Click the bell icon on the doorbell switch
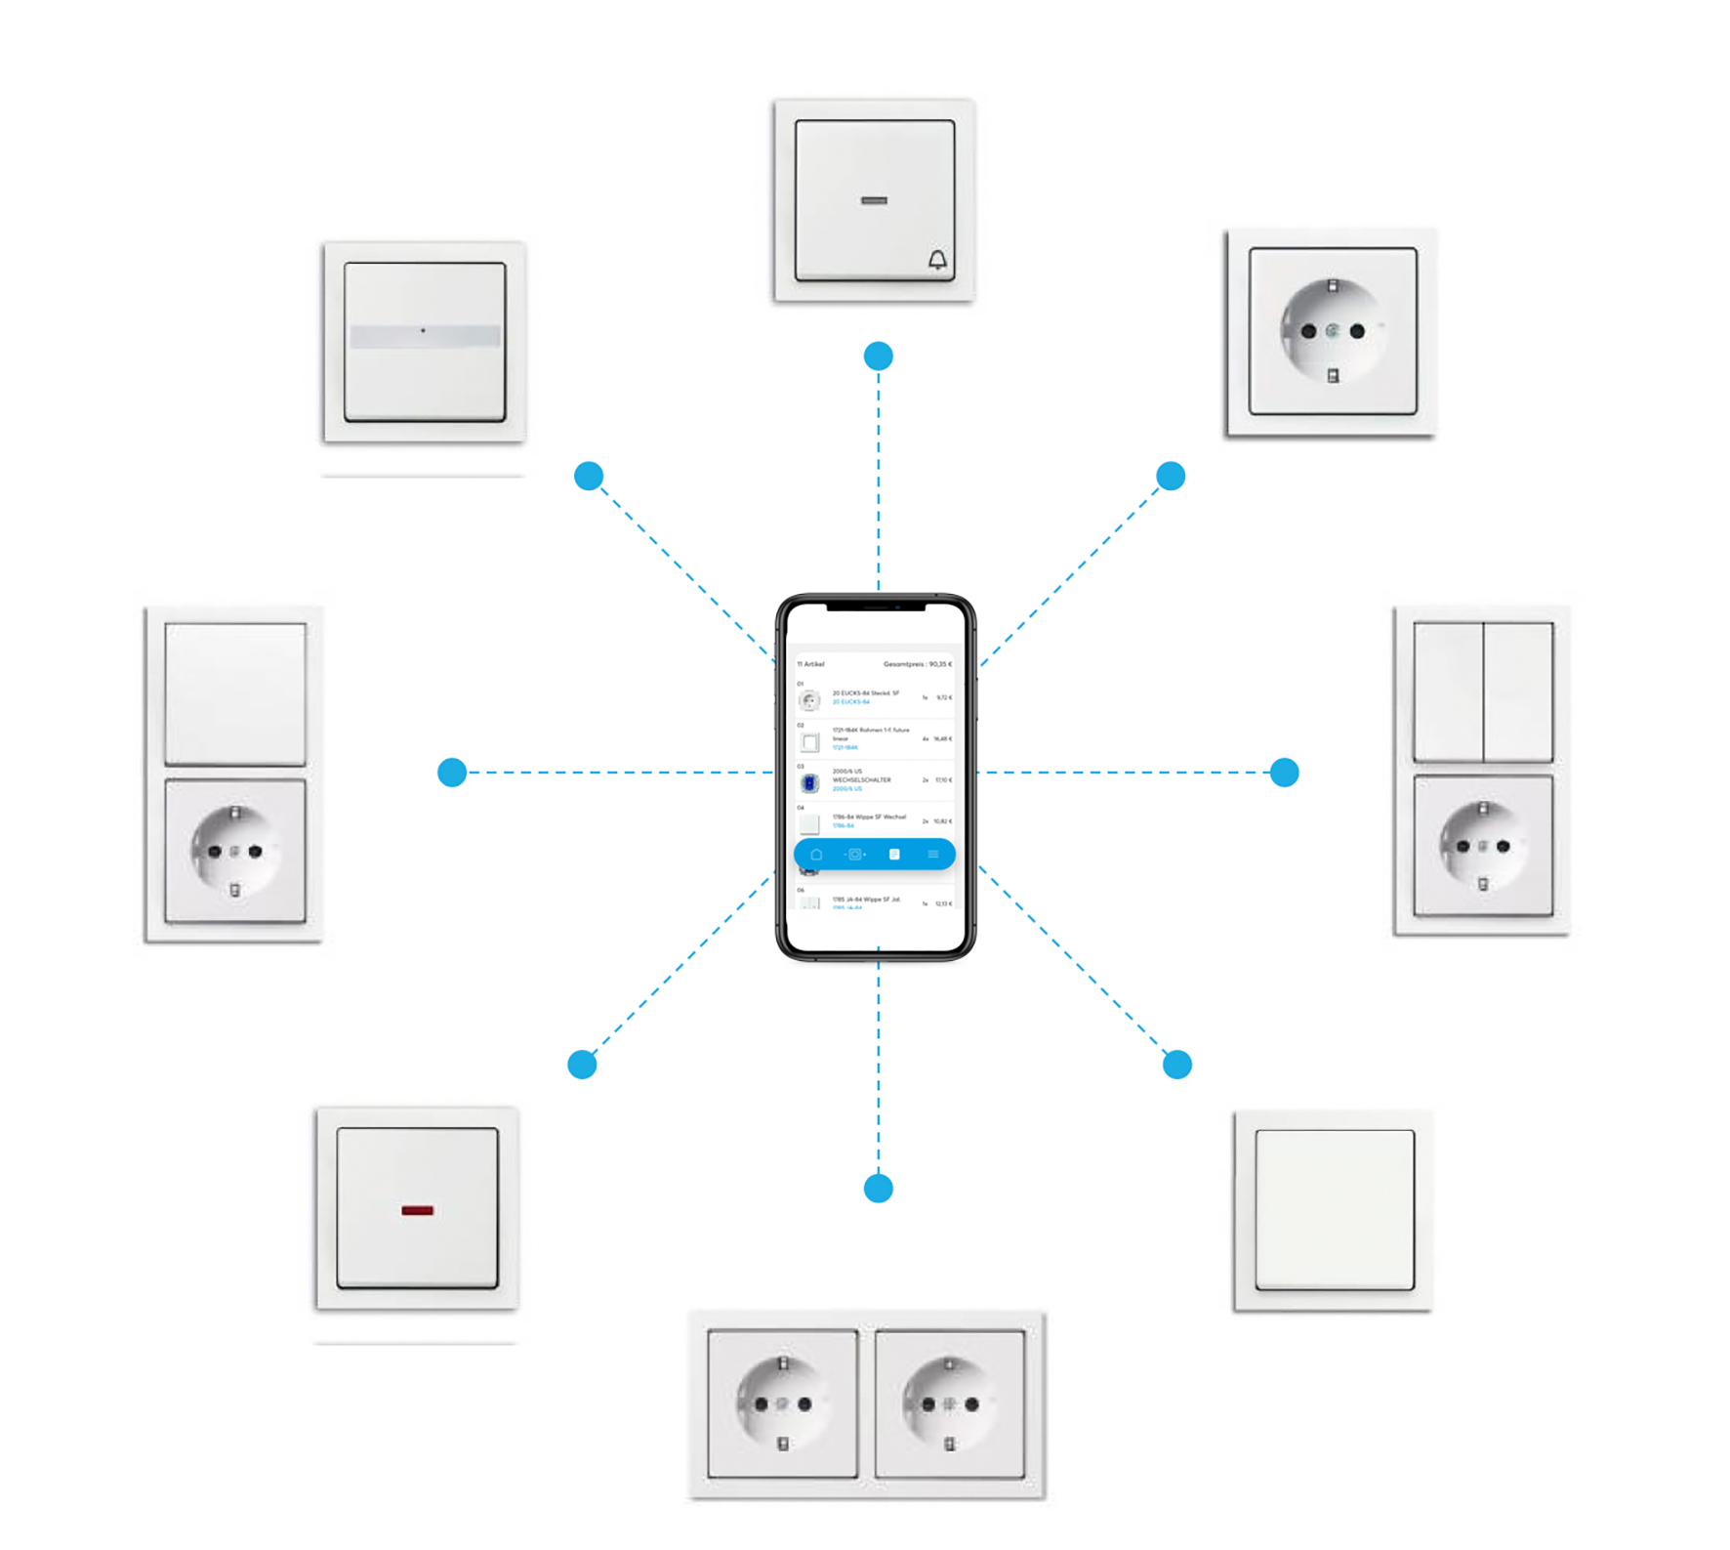[937, 260]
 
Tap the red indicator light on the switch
[417, 1210]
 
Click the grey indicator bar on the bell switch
[874, 201]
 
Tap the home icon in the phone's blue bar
[816, 855]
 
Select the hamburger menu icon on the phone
[933, 855]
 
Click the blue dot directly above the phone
[879, 356]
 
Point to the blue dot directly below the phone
[879, 1189]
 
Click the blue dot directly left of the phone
[452, 773]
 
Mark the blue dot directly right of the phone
[1285, 773]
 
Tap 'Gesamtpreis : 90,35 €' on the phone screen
[917, 664]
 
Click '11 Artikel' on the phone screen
[811, 664]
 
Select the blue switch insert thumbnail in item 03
[809, 783]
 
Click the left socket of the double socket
[782, 1403]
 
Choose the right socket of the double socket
[950, 1403]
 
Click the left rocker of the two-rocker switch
[1448, 691]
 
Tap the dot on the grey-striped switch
[423, 331]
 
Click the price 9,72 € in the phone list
[943, 697]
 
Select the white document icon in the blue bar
[894, 855]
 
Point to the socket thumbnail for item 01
[809, 700]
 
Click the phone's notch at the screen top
[876, 607]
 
